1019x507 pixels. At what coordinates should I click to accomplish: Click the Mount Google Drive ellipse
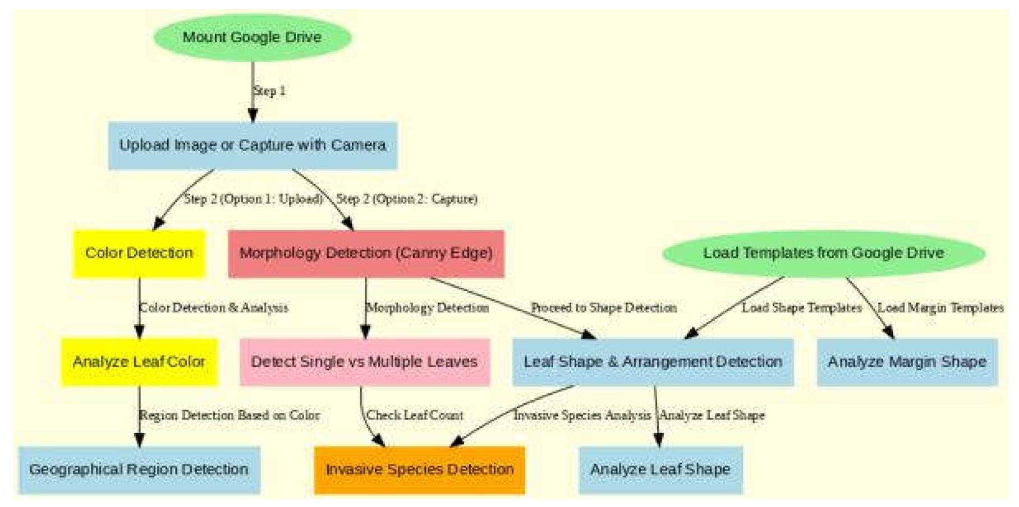point(253,38)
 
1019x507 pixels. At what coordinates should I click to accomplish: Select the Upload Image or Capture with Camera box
point(253,145)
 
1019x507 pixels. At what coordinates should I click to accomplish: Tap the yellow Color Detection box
point(139,253)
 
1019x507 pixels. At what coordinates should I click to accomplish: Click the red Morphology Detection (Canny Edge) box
point(366,253)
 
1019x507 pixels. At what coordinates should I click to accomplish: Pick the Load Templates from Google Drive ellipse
point(823,253)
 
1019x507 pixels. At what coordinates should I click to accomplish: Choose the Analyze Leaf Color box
point(139,362)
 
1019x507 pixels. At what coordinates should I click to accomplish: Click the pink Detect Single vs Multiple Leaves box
point(365,362)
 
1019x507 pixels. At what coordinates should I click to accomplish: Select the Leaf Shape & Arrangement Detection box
point(653,362)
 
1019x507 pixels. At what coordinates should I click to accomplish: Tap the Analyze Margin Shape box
point(907,362)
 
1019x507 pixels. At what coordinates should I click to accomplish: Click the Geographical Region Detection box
point(139,470)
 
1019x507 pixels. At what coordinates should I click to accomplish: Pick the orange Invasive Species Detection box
point(420,470)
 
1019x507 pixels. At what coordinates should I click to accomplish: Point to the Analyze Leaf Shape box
point(660,470)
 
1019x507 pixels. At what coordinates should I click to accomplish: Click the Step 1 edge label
point(270,91)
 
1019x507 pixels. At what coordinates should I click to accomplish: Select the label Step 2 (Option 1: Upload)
point(254,199)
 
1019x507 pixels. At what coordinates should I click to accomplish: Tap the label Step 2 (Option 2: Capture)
point(407,199)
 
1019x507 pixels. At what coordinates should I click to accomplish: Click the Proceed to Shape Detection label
point(604,308)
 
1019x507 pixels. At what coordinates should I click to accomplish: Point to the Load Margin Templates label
point(940,308)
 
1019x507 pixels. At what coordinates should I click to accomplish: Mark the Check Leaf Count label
point(415,416)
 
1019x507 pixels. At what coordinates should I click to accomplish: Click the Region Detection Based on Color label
point(229,416)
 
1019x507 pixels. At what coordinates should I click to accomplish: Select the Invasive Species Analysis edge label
point(582,416)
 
